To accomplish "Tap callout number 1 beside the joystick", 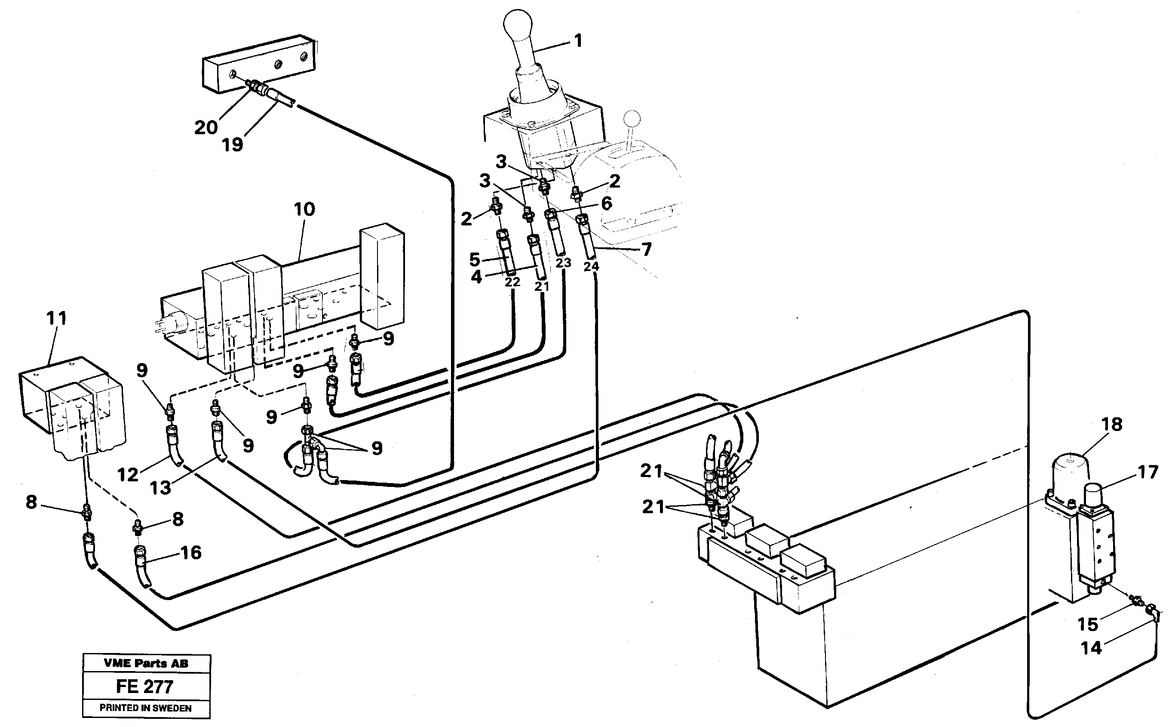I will coord(578,41).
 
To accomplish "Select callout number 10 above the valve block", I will coord(304,209).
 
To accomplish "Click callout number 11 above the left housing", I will coord(56,318).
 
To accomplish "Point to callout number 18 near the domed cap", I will coord(1111,425).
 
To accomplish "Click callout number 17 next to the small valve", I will coord(1148,472).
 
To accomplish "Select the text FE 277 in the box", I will coord(144,686).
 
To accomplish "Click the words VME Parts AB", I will coord(146,663).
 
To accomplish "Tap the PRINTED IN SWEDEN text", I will coord(146,708).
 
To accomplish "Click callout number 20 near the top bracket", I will coord(206,128).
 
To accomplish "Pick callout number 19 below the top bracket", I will coord(233,144).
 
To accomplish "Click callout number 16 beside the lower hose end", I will coord(191,552).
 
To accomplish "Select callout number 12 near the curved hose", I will coord(128,475).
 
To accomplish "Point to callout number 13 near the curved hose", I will coord(160,487).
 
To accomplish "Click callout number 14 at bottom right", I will coord(1091,648).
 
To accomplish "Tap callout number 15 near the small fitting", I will coord(1088,625).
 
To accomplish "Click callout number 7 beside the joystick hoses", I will coord(646,250).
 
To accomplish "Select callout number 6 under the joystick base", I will coord(607,204).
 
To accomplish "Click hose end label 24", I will coord(591,266).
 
